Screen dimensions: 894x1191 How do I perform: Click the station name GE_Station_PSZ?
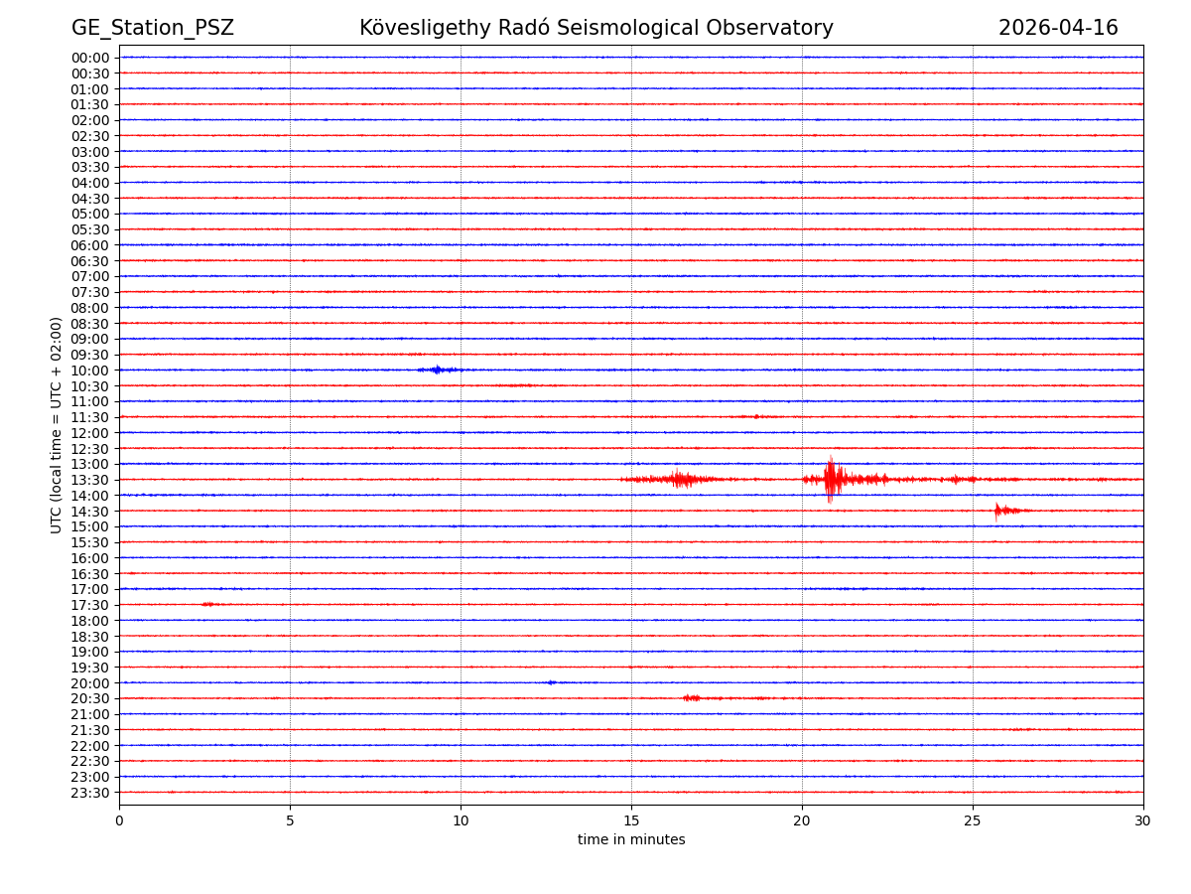click(152, 28)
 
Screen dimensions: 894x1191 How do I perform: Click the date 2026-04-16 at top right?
click(1058, 28)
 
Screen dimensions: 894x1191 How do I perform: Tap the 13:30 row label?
click(90, 480)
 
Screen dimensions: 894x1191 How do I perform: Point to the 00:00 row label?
click(90, 58)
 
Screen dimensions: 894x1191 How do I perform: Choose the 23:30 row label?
click(90, 793)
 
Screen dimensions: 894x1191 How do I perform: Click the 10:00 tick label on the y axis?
click(90, 371)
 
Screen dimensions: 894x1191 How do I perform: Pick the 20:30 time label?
click(90, 698)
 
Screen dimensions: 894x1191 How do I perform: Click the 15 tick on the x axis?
click(631, 820)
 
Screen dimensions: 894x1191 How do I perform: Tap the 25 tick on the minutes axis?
click(973, 820)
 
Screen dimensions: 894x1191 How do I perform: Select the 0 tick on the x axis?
click(119, 820)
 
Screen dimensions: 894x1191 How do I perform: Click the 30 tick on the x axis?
click(1143, 820)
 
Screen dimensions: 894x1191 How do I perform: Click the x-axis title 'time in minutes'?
click(631, 839)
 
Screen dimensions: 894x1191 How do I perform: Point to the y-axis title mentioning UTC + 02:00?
click(58, 425)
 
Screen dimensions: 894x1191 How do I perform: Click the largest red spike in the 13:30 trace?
click(831, 479)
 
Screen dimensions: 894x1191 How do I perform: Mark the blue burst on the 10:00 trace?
click(437, 370)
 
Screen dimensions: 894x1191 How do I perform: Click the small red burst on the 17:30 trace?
click(207, 604)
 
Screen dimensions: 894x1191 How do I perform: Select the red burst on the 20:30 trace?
click(692, 698)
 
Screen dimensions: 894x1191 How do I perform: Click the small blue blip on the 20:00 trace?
click(551, 682)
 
